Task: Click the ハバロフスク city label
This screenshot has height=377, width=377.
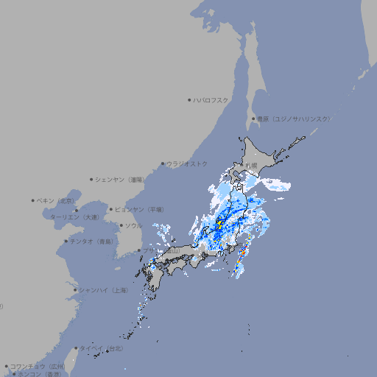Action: point(211,99)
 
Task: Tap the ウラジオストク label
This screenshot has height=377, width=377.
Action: point(187,163)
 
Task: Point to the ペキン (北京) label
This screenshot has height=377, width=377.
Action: point(56,200)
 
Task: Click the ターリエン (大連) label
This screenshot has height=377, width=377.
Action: point(74,217)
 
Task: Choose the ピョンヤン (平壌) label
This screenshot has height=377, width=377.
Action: point(139,209)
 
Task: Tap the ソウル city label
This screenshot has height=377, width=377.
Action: point(133,225)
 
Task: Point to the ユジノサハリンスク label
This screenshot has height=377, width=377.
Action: point(293,119)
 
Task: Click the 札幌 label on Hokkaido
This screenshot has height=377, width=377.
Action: point(252,165)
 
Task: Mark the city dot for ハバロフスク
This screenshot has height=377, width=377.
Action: point(189,99)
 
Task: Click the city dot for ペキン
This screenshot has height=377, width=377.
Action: point(33,200)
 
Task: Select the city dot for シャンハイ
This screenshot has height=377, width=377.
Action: point(75,289)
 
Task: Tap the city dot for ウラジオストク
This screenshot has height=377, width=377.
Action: point(163,163)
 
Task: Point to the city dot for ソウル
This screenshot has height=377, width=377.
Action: point(121,225)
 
